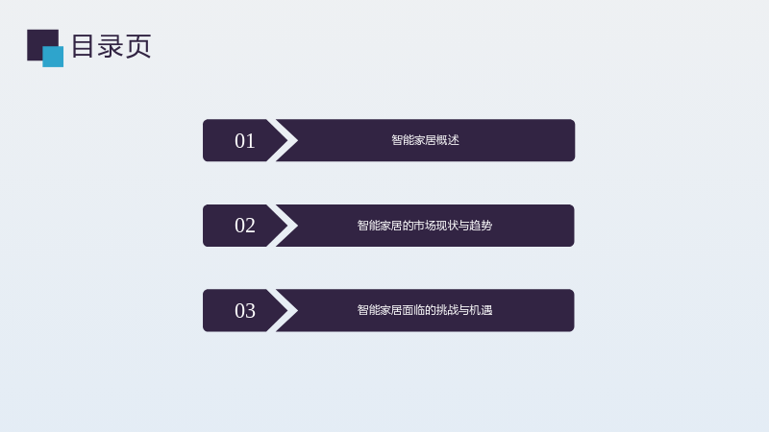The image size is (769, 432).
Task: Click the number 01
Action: coord(245,141)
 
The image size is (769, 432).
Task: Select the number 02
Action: coord(245,226)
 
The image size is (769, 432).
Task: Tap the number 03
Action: coord(245,311)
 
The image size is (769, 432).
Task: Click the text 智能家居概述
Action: coord(425,140)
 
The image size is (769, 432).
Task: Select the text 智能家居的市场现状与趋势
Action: coord(425,226)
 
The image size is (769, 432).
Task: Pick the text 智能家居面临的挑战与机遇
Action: coord(425,310)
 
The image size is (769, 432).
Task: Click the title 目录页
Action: coord(112,46)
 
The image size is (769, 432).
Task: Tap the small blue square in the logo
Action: coord(53,57)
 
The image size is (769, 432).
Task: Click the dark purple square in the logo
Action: coord(39,41)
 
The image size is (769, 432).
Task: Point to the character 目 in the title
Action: coord(83,46)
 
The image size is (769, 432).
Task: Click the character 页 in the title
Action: coord(138,46)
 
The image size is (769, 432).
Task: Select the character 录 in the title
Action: coord(111,46)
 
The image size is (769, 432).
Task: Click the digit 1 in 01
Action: coord(251,141)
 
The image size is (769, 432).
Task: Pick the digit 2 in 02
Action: coord(251,226)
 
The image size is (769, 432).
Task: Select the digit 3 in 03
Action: coord(251,311)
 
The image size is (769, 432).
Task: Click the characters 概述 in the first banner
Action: coord(448,140)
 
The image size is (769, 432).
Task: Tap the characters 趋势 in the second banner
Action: coord(481,226)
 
